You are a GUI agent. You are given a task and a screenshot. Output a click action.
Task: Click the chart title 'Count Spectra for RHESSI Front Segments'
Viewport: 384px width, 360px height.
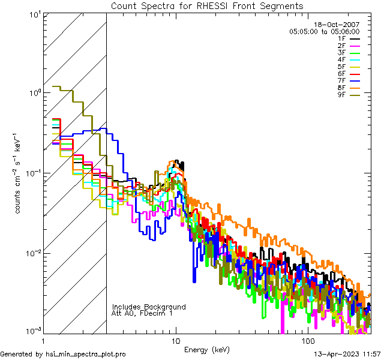[207, 5]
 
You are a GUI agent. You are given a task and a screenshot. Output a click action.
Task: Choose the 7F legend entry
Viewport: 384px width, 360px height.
[341, 80]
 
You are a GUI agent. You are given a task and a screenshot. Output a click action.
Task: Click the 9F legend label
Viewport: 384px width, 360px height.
[341, 95]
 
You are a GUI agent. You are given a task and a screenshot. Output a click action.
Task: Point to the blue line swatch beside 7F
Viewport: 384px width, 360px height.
[355, 81]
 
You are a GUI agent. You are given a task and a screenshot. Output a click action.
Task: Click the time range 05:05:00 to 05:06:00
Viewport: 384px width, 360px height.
[324, 31]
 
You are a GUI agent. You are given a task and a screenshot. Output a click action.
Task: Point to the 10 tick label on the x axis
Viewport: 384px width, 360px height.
[175, 340]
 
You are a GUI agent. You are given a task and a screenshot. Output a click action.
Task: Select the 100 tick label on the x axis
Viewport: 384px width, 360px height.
[307, 340]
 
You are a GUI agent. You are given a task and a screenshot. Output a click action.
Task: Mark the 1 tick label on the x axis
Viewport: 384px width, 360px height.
[44, 340]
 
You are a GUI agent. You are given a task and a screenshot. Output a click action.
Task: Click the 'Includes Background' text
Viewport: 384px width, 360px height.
[149, 307]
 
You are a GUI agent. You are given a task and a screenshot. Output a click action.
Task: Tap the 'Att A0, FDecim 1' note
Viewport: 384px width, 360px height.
[142, 313]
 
